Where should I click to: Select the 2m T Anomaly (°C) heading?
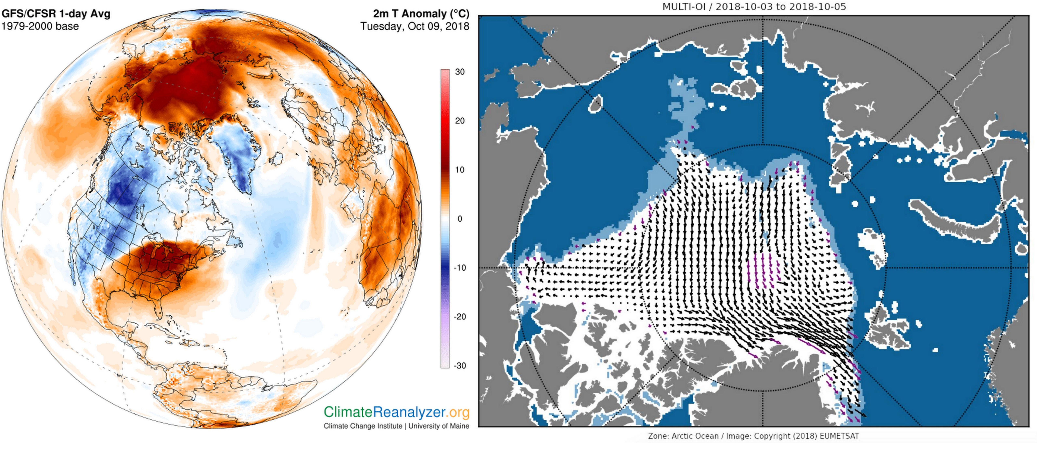421,14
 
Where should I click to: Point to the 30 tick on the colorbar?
460,72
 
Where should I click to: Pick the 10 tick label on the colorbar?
460,170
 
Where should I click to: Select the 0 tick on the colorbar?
460,219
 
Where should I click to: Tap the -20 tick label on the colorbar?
460,317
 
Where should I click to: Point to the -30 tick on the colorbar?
460,366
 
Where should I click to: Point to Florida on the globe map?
159,308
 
